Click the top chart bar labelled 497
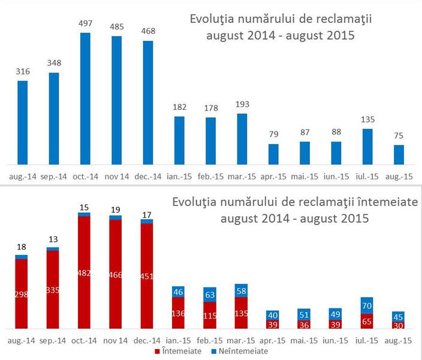85,98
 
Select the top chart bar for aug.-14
22,122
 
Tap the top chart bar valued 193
242,139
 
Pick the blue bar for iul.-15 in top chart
367,146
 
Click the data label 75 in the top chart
399,136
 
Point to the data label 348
54,63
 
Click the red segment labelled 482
85,273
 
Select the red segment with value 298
22,294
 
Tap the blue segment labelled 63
210,294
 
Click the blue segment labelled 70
367,305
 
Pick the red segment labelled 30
399,325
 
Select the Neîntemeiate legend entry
240,351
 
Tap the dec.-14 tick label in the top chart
147,176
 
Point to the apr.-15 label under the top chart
273,176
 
